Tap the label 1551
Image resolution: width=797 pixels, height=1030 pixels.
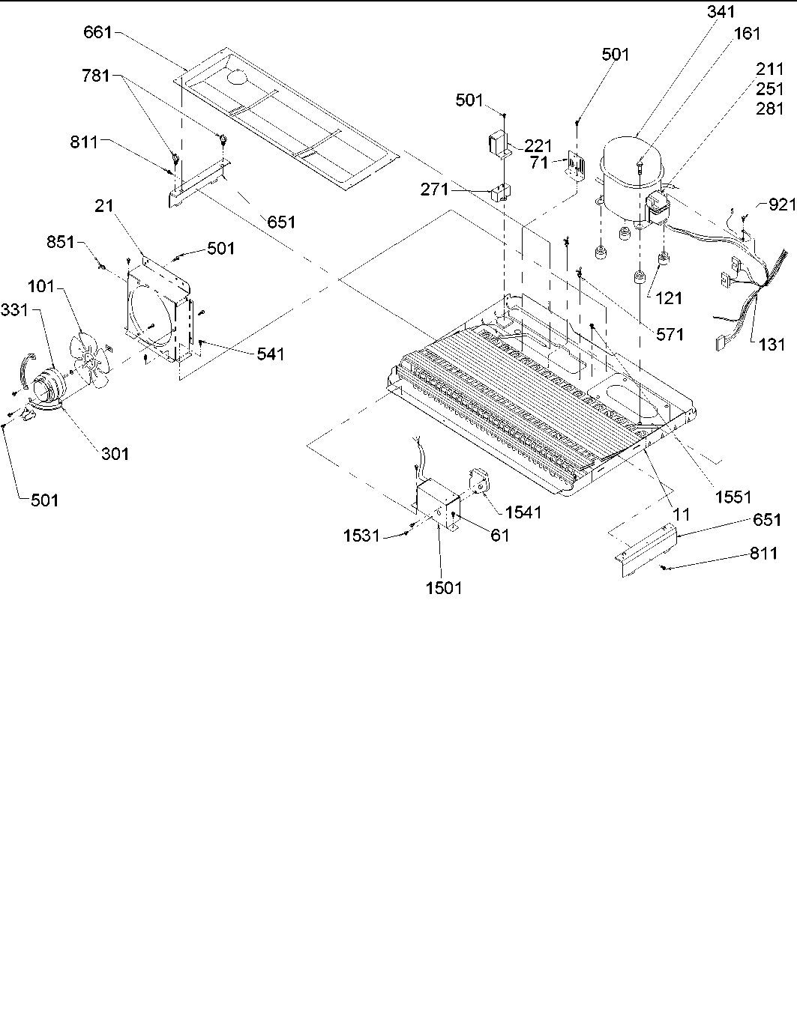[733, 496]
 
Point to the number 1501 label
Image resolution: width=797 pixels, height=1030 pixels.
[444, 588]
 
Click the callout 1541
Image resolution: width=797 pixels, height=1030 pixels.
[523, 512]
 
